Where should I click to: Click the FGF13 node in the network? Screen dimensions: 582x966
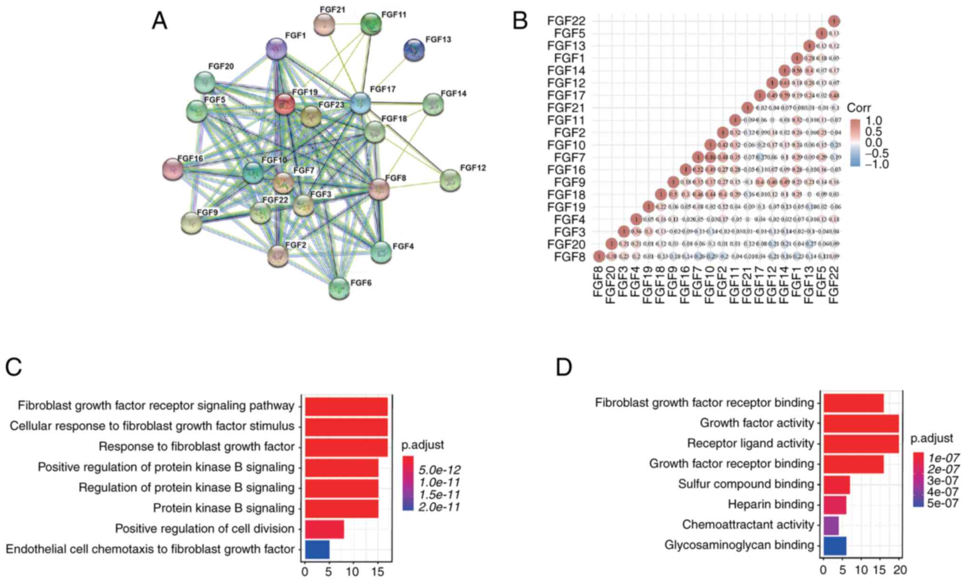414,50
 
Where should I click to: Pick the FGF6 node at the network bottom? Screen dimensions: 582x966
339,288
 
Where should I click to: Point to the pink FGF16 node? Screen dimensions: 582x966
173,169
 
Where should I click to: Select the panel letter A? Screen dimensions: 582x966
160,21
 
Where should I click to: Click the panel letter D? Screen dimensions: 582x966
564,367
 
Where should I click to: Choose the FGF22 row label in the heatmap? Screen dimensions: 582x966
566,21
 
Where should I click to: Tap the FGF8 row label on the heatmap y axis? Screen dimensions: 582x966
570,257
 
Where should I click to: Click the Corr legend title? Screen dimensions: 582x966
859,108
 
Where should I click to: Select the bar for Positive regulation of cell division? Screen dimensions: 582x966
324,529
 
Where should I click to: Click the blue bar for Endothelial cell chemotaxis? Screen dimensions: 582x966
317,549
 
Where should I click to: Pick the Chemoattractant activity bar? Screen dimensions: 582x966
831,525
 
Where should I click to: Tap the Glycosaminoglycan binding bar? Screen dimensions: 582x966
835,545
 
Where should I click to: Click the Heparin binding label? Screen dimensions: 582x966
771,504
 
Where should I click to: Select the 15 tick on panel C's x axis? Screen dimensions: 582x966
377,571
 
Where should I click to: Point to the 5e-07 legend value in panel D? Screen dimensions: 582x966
943,503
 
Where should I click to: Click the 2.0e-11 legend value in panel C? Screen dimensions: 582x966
439,507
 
